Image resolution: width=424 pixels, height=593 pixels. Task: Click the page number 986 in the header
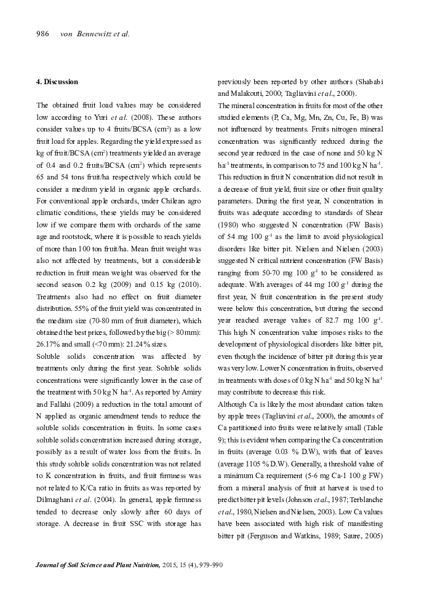pos(42,34)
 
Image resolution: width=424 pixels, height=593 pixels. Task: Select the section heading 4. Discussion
pos(57,82)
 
